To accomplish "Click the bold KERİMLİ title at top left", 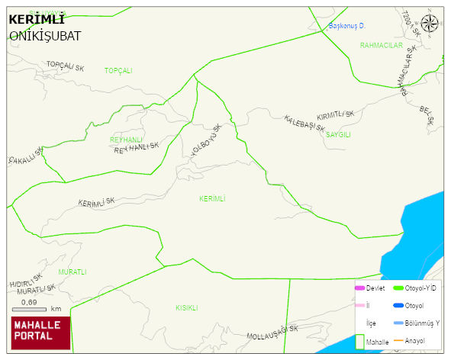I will pos(36,20).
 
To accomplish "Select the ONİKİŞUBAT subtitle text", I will pos(45,36).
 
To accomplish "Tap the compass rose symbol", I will pos(430,24).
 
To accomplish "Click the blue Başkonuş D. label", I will pos(347,26).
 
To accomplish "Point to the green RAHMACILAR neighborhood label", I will pos(381,46).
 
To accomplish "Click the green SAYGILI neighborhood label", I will pos(338,134).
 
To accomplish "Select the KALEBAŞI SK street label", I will pos(304,124).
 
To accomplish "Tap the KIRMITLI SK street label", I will pos(336,114).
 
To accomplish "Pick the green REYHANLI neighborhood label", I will pos(126,140).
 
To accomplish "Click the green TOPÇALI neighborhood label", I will pos(118,70).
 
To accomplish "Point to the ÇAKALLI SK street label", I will pos(22,156).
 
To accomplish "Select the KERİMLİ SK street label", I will pos(96,203).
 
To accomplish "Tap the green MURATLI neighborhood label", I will pos(72,272).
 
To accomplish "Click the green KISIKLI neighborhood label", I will pos(187,308).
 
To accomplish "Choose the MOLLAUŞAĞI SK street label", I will pos(272,333).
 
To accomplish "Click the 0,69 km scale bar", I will pos(34,307).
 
